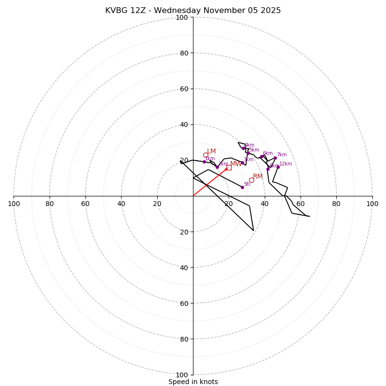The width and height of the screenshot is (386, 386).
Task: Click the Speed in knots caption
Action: pyautogui.click(x=193, y=382)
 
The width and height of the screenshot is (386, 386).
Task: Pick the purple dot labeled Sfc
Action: pyautogui.click(x=242, y=187)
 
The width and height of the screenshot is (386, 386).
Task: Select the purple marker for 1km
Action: pyautogui.click(x=204, y=162)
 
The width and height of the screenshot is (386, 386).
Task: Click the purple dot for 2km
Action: pyautogui.click(x=217, y=167)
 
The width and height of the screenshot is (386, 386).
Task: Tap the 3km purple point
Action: pyautogui.click(x=242, y=163)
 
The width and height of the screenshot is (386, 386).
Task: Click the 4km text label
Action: pyautogui.click(x=249, y=145)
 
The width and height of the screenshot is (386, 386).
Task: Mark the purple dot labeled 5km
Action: pyautogui.click(x=248, y=153)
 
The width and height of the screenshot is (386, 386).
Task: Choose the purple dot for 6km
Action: pyautogui.click(x=262, y=156)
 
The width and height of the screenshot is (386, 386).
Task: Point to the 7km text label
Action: pyautogui.click(x=281, y=155)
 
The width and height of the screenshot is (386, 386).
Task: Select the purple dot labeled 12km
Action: pyautogui.click(x=278, y=167)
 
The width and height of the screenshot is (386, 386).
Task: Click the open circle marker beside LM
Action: pyautogui.click(x=206, y=155)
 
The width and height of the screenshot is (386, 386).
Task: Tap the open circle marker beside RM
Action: pyautogui.click(x=251, y=180)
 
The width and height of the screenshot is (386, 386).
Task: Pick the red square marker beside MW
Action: pyautogui.click(x=229, y=167)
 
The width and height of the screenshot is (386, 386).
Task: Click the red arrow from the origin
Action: pyautogui.click(x=210, y=182)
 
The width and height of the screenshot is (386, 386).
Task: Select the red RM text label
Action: pyautogui.click(x=258, y=177)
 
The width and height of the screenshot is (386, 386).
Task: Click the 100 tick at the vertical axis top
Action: pyautogui.click(x=182, y=17)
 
